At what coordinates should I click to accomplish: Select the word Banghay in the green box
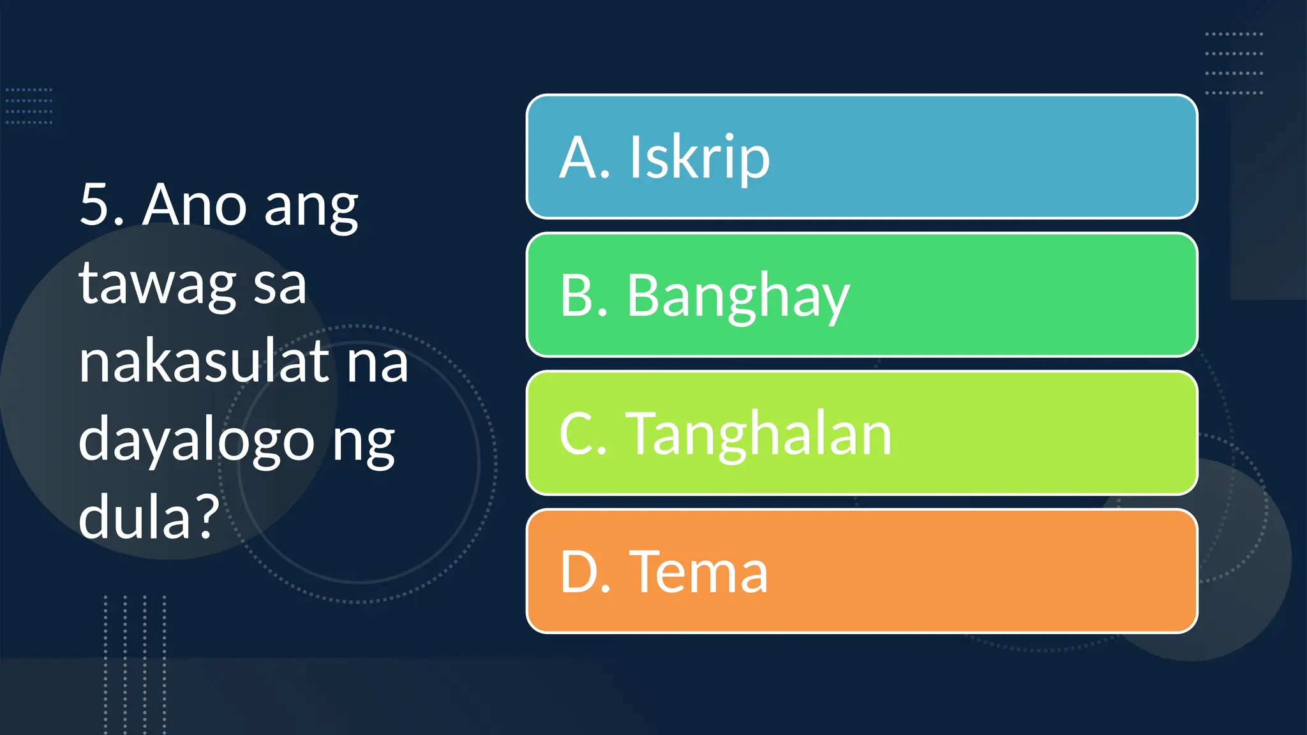click(x=738, y=296)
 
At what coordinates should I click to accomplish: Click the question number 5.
click(x=101, y=205)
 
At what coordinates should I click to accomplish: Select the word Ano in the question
click(x=194, y=205)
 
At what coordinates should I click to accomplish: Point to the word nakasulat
click(x=203, y=362)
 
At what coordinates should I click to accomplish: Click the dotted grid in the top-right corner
click(x=1234, y=63)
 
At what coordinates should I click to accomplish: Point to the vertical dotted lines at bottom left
click(x=135, y=664)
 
